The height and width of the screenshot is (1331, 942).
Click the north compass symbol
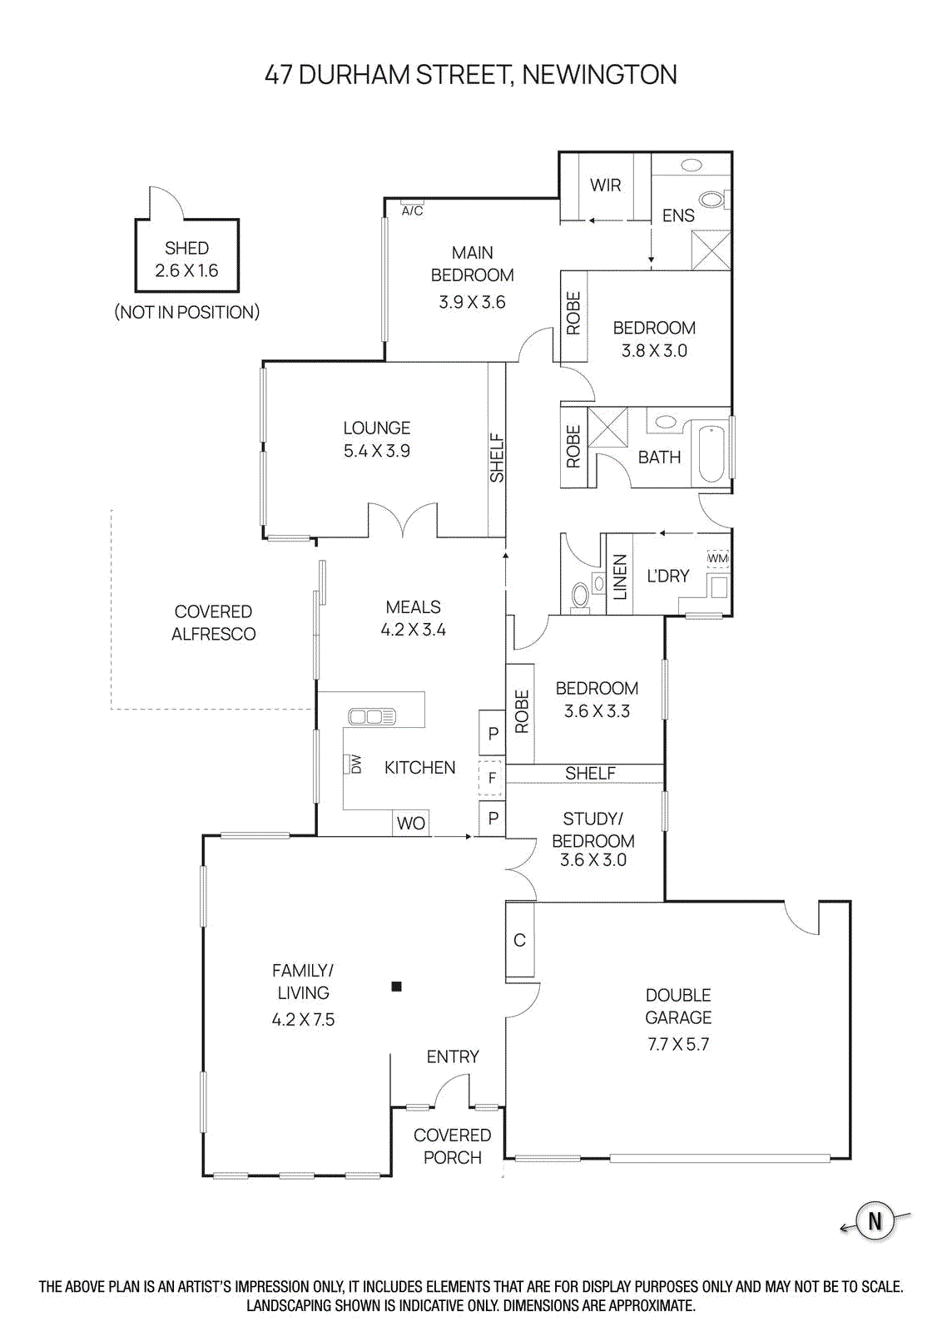pyautogui.click(x=875, y=1221)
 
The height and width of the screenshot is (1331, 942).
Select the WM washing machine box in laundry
pyautogui.click(x=717, y=558)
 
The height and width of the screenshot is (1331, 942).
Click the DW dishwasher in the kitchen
pyautogui.click(x=354, y=764)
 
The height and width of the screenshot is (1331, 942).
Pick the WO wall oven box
pyautogui.click(x=410, y=823)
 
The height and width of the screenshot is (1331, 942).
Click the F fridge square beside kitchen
pyautogui.click(x=491, y=778)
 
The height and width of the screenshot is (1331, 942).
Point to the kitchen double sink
pyautogui.click(x=372, y=716)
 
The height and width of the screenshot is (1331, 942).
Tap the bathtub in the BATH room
pyautogui.click(x=711, y=454)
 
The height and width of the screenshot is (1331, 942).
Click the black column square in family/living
pyautogui.click(x=397, y=987)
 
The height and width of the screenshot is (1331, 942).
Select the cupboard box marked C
pyautogui.click(x=519, y=940)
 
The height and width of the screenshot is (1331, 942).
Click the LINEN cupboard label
pyautogui.click(x=619, y=576)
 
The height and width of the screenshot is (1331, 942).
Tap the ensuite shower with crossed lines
pyautogui.click(x=711, y=250)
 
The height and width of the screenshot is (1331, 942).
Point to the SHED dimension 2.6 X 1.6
pyautogui.click(x=186, y=270)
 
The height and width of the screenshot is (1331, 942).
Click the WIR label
pyautogui.click(x=605, y=186)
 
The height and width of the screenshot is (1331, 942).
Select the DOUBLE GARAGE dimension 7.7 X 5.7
pyautogui.click(x=678, y=1044)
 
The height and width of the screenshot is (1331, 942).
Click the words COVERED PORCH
pyautogui.click(x=452, y=1145)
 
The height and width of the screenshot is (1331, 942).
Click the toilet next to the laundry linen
pyautogui.click(x=581, y=594)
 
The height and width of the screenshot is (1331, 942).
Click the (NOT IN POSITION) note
pyautogui.click(x=186, y=312)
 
